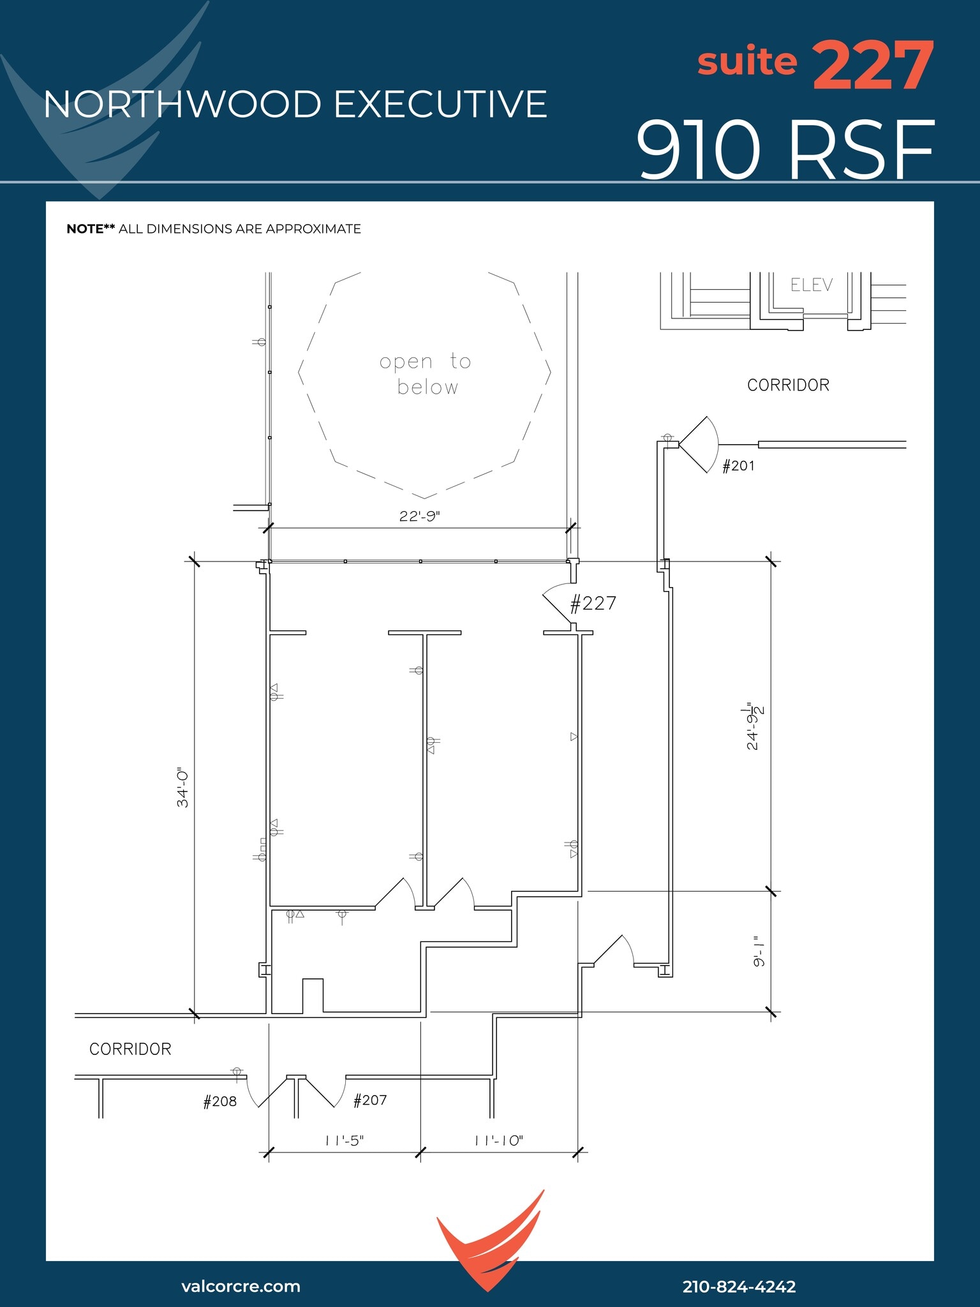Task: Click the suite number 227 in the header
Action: pos(873,65)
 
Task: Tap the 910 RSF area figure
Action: pos(785,151)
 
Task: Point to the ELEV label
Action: pos(811,285)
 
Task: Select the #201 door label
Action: pos(738,466)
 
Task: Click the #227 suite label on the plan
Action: pos(593,603)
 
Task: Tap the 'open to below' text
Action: pos(426,374)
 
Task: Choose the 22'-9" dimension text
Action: pos(419,516)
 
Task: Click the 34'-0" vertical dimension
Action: pos(183,788)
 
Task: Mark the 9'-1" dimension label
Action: pos(759,952)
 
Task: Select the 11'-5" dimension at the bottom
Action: pos(345,1140)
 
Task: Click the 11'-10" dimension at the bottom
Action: pos(498,1140)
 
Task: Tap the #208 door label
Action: pos(219,1102)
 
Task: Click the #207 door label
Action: pos(370,1100)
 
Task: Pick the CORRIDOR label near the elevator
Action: pos(788,385)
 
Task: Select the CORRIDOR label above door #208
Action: pos(130,1049)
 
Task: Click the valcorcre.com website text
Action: pos(241,1286)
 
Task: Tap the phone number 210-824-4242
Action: pos(739,1287)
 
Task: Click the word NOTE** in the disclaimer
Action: pos(91,228)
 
